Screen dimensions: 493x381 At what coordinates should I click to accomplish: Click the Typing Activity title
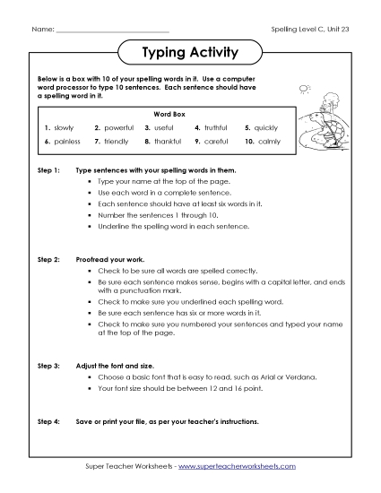pos(190,53)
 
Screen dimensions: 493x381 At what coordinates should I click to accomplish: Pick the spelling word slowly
pos(65,128)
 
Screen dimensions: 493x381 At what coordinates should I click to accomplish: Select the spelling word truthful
pos(219,128)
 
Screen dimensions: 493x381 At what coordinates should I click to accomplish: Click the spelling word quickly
pos(267,128)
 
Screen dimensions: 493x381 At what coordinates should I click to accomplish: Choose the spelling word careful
pos(217,142)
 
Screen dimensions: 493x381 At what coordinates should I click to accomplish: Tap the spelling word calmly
pos(267,142)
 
